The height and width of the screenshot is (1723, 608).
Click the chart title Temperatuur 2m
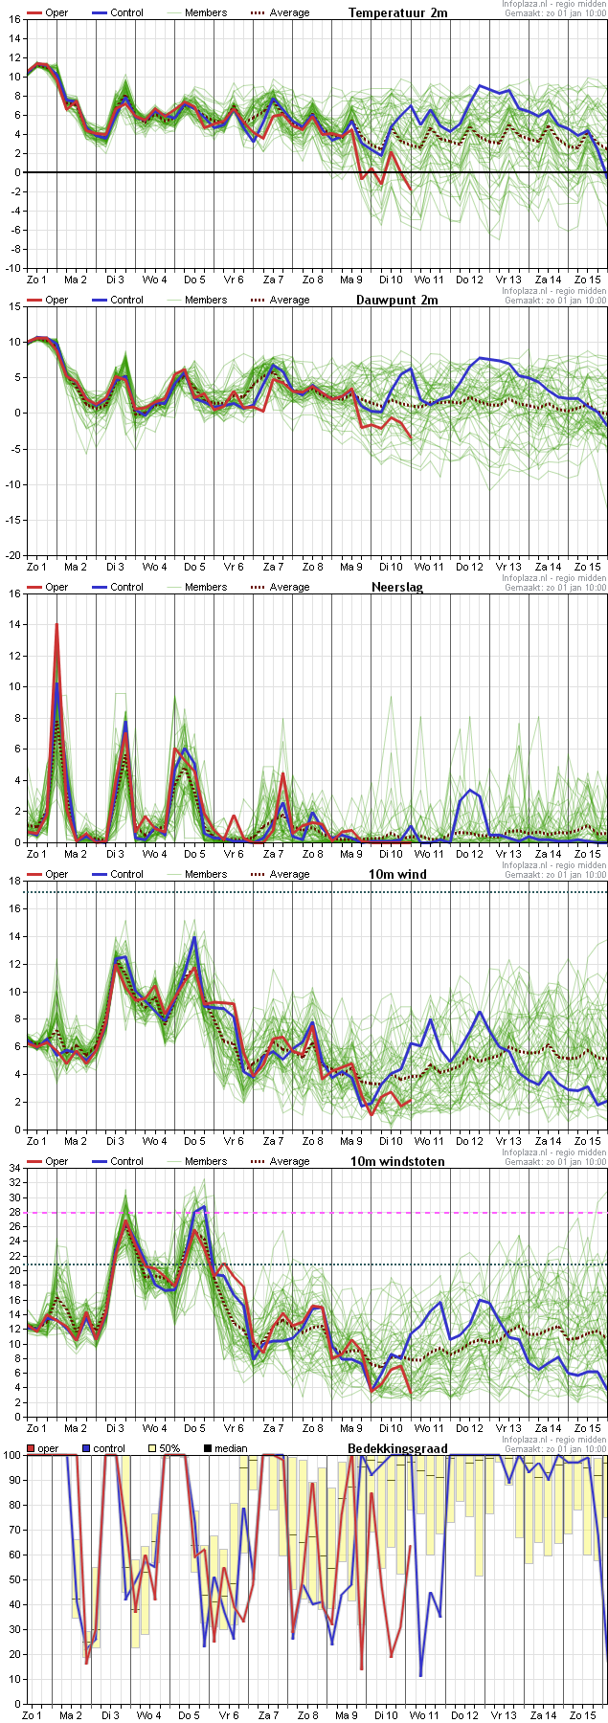coord(397,12)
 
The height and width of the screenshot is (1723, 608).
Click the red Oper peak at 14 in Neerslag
coord(56,624)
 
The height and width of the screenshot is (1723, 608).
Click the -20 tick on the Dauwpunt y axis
coord(11,555)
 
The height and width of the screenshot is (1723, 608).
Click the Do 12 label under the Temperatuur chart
coord(469,280)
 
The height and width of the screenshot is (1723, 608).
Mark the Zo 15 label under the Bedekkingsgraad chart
coord(582,1715)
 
